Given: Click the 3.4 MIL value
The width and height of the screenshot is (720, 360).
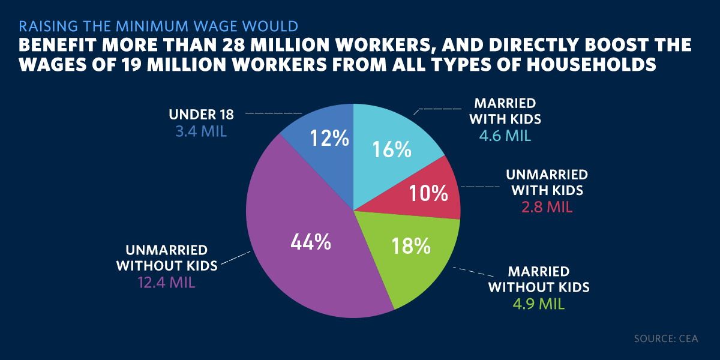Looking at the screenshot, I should click(x=201, y=131).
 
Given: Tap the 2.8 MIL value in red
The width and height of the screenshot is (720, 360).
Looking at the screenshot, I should click(x=547, y=208).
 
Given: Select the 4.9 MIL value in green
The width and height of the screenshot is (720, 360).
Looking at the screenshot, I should click(x=539, y=304).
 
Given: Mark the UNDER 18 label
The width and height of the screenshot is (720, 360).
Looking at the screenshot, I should click(x=202, y=114).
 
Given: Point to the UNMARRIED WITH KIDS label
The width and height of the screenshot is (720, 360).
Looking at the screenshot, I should click(x=547, y=183).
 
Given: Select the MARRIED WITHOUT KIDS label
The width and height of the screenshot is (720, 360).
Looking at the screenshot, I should click(x=539, y=278).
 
